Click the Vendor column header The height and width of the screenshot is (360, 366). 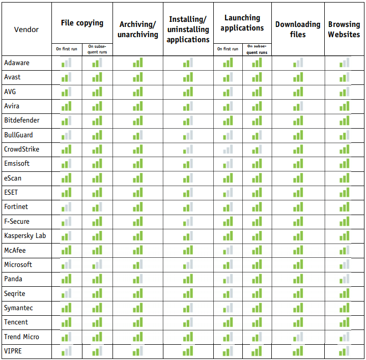pyautogui.click(x=26, y=29)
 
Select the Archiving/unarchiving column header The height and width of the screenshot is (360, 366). pyautogui.click(x=137, y=29)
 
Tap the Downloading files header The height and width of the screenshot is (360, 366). pyautogui.click(x=298, y=29)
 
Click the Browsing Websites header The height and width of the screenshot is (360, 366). pyautogui.click(x=344, y=29)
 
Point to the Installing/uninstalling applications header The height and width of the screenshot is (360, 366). pyautogui.click(x=188, y=29)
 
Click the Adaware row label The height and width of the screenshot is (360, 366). pyautogui.click(x=17, y=63)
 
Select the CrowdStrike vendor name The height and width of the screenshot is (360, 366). pyautogui.click(x=21, y=149)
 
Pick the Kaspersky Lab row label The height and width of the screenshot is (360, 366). pyautogui.click(x=25, y=236)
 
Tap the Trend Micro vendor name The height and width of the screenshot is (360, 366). pyautogui.click(x=21, y=337)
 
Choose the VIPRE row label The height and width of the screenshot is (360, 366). pyautogui.click(x=14, y=351)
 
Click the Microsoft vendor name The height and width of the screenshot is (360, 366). pyautogui.click(x=18, y=264)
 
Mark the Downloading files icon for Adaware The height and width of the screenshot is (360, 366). pyautogui.click(x=298, y=63)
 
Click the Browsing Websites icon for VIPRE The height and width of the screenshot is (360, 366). pyautogui.click(x=345, y=351)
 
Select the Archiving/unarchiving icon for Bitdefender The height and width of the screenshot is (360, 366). pyautogui.click(x=137, y=121)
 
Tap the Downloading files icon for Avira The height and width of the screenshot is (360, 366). pyautogui.click(x=298, y=106)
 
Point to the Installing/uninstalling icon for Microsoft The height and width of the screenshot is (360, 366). pyautogui.click(x=188, y=265)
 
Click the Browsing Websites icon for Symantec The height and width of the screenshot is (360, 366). pyautogui.click(x=345, y=308)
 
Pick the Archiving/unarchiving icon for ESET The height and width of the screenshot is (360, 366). pyautogui.click(x=137, y=193)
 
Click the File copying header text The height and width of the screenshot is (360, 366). pyautogui.click(x=82, y=23)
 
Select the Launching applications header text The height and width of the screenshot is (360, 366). pyautogui.click(x=242, y=23)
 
